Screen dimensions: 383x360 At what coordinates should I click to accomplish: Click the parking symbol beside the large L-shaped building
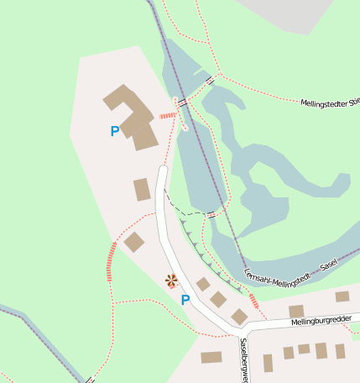(114, 131)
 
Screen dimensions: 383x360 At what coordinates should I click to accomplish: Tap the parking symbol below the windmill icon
(185, 300)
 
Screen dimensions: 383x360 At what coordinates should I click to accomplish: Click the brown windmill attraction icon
(171, 281)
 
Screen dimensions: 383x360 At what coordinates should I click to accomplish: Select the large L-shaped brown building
(131, 117)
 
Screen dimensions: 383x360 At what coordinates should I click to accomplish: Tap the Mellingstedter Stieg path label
(329, 102)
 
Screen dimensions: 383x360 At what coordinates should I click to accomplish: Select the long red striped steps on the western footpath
(110, 260)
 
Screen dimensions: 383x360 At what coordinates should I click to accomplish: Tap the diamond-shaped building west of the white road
(134, 242)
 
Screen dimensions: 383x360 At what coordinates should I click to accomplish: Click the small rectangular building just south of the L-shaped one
(142, 190)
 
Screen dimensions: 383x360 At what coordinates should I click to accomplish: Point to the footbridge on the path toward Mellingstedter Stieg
(208, 81)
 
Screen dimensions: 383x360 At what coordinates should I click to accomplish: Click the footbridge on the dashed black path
(211, 215)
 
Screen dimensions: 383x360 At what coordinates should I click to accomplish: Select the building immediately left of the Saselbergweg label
(211, 357)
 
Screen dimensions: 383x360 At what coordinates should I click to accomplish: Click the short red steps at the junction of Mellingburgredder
(253, 301)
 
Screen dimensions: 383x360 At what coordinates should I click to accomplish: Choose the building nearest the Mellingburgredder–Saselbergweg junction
(240, 317)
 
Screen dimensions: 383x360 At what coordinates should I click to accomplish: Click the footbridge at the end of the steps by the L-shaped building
(180, 102)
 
